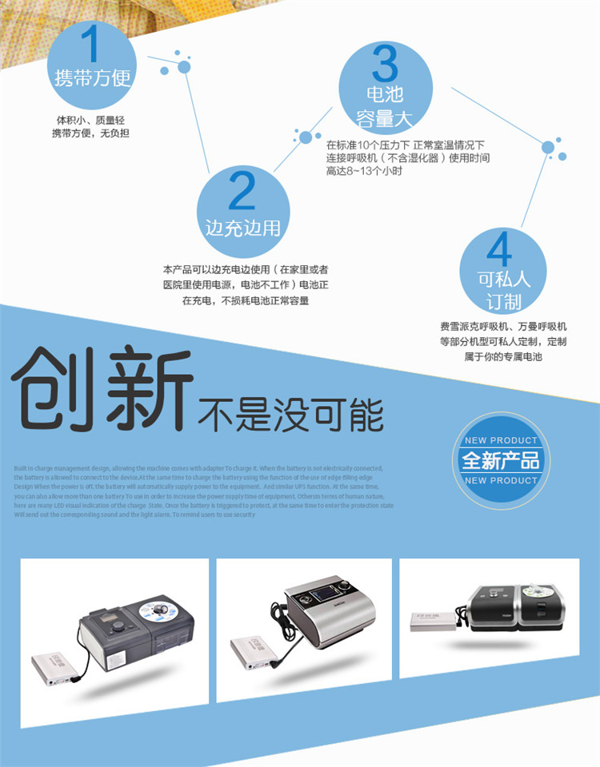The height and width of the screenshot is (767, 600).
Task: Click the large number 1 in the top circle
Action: (x=90, y=44)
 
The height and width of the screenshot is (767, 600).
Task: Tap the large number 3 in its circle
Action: (x=385, y=62)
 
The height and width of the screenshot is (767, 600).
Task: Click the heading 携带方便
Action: (x=91, y=77)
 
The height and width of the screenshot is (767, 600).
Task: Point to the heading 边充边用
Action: (x=242, y=227)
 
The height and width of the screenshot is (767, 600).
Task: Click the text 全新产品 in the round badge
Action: (x=501, y=460)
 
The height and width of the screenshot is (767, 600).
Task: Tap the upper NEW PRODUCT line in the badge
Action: (x=501, y=441)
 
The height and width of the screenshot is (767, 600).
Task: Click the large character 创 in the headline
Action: (x=60, y=387)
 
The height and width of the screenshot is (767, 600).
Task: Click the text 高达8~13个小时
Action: (x=364, y=171)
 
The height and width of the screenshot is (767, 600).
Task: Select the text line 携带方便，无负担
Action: (x=90, y=133)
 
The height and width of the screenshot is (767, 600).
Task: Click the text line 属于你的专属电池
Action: (x=503, y=356)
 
